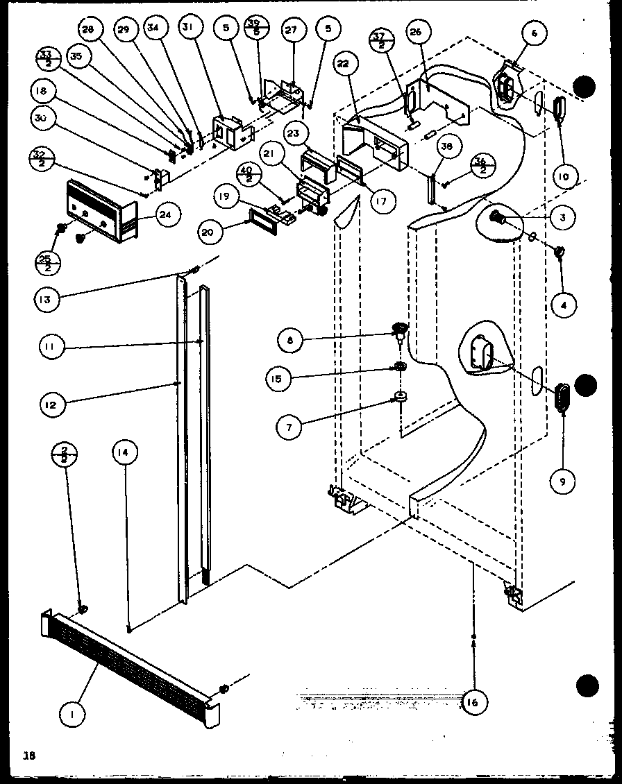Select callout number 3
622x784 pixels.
pos(562,218)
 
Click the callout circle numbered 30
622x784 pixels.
pos(43,118)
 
